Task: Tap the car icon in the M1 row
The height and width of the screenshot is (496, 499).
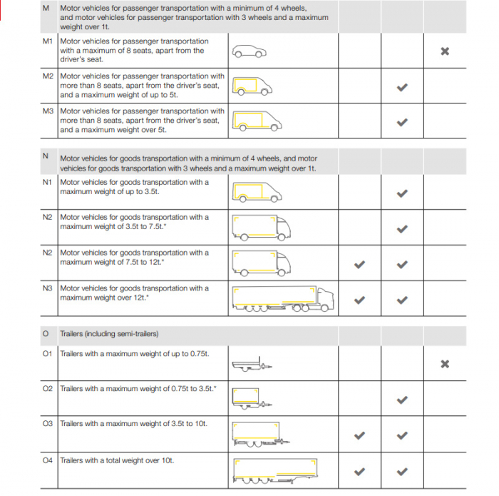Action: pos(249,51)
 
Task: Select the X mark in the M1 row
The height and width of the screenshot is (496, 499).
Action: pos(445,51)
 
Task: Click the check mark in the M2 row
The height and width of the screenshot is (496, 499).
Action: pos(402,87)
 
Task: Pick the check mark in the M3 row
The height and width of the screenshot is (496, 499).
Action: pos(402,122)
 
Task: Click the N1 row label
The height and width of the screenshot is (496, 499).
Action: pos(48,182)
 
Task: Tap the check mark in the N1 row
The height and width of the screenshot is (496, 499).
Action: pos(402,193)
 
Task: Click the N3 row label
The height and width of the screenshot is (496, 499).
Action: pos(48,288)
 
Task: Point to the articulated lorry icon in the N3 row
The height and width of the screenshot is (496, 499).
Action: pos(282,300)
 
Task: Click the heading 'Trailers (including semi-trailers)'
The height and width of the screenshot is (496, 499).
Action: pos(109,334)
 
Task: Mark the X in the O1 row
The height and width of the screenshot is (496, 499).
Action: pos(445,364)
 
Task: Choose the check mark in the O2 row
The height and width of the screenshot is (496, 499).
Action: pos(402,400)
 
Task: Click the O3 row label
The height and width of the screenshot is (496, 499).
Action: pos(48,424)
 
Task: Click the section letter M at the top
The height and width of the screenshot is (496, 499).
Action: pos(46,8)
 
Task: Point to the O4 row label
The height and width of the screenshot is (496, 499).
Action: pos(48,460)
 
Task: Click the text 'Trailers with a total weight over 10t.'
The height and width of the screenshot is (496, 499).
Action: pos(117,460)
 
